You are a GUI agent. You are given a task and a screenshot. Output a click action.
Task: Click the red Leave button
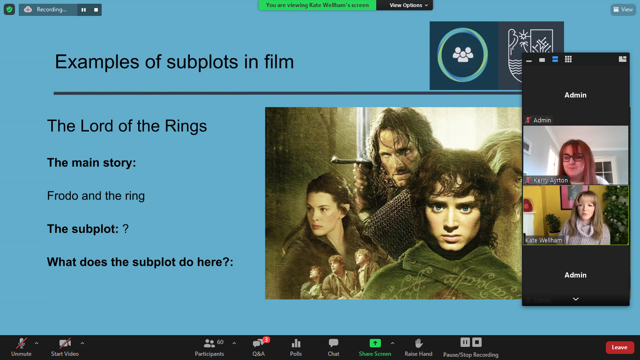[x=619, y=347]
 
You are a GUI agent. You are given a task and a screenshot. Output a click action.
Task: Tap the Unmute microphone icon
[x=21, y=343]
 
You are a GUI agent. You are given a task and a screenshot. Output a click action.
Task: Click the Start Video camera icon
[x=65, y=343]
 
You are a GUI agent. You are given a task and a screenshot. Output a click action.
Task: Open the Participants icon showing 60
[x=209, y=343]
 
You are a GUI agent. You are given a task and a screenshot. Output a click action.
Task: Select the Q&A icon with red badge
[x=259, y=343]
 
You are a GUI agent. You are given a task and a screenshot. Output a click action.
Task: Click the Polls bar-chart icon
[x=296, y=343]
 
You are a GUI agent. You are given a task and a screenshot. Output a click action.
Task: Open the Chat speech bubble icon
[x=334, y=343]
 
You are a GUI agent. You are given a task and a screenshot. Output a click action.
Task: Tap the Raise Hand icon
[x=418, y=343]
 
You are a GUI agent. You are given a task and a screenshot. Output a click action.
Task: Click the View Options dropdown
[x=409, y=5]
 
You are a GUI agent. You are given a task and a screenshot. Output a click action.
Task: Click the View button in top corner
[x=623, y=9]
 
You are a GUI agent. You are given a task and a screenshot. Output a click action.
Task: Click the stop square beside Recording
[x=96, y=10]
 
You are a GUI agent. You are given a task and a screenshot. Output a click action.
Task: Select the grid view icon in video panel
[x=568, y=59]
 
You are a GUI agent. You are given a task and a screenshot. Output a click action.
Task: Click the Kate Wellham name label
[x=543, y=240]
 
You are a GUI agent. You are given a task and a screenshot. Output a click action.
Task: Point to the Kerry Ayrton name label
[x=551, y=180]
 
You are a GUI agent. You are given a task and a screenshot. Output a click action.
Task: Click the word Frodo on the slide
[x=63, y=196]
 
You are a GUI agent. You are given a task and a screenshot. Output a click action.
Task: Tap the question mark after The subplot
[x=126, y=229]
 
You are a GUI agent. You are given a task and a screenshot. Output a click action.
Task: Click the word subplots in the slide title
[x=202, y=62]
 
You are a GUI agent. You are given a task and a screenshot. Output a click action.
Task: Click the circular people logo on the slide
[x=462, y=55]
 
